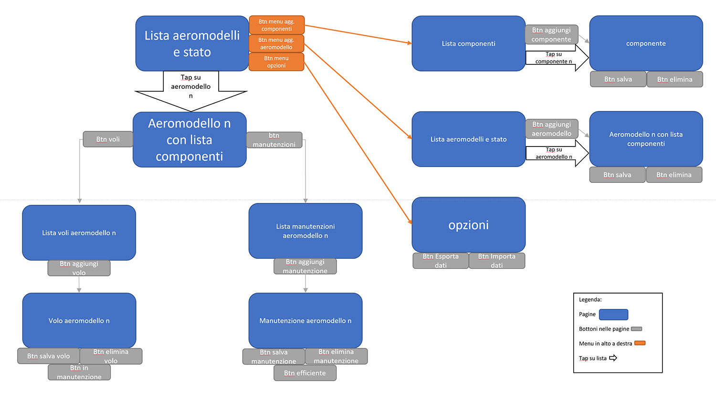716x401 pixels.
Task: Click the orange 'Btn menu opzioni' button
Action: coord(276,62)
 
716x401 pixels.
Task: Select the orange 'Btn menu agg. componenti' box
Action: coord(276,25)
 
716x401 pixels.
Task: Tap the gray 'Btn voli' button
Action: coord(108,139)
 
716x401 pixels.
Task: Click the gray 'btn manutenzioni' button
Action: coord(274,140)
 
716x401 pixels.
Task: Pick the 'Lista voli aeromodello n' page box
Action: coord(79,232)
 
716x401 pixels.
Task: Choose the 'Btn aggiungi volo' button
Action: coord(79,268)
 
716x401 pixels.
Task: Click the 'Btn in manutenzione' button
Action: coord(79,372)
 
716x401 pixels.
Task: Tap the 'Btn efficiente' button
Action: coord(305,373)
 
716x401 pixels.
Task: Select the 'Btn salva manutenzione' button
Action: coord(274,357)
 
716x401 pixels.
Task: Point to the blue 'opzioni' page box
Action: coord(468,225)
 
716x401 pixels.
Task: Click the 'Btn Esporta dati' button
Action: coord(441,261)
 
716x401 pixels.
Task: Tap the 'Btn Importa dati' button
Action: coord(497,261)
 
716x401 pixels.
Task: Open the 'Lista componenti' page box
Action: coord(468,43)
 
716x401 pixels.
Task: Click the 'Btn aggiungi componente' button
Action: coord(551,34)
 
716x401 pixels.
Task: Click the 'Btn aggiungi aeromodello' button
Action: coord(552,129)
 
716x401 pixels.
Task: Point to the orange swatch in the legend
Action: coord(640,343)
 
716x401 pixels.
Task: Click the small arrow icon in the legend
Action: coord(613,358)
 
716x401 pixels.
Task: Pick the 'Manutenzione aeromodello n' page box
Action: coord(305,320)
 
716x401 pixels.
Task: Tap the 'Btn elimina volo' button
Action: coord(111,356)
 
